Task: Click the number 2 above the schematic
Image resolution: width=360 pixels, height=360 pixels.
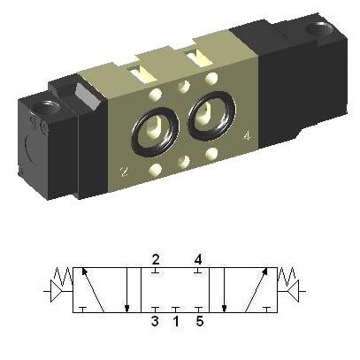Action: click(156, 259)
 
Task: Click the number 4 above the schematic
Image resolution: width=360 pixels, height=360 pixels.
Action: click(198, 259)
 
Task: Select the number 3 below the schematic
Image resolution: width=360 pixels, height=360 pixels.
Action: click(155, 321)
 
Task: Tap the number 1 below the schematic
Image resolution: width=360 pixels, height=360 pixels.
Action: click(176, 321)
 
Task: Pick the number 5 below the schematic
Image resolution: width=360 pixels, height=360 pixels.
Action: click(200, 321)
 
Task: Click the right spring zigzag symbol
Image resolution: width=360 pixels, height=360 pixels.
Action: click(287, 276)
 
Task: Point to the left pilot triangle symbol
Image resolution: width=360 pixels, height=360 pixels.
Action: click(57, 291)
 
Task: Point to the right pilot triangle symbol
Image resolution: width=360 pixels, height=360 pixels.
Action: click(294, 291)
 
